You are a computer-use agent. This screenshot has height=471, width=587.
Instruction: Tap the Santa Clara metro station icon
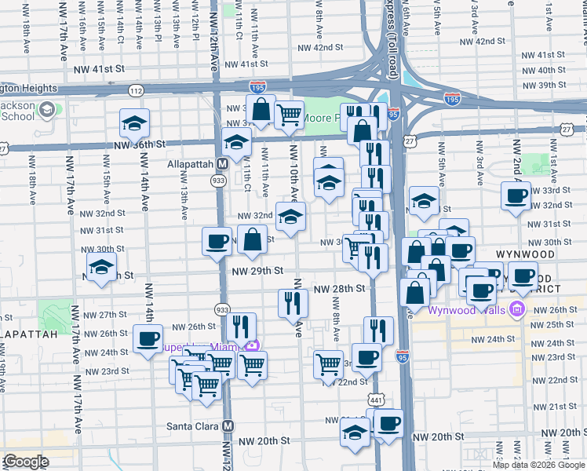tap(228, 425)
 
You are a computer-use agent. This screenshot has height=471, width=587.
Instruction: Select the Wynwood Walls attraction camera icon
tap(517, 309)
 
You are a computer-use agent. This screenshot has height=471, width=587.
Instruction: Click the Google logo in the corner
tap(26, 462)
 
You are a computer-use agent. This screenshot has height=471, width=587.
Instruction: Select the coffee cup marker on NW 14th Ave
tap(147, 338)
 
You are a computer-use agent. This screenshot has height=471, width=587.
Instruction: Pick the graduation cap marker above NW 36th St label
tap(135, 122)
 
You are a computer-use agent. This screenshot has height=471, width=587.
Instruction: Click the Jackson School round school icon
tap(46, 109)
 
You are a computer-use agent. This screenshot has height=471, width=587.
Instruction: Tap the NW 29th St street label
tap(257, 271)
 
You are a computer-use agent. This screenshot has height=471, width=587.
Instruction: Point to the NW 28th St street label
tap(340, 289)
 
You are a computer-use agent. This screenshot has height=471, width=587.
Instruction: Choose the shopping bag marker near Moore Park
tap(262, 111)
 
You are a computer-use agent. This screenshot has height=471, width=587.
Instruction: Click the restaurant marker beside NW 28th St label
tap(293, 302)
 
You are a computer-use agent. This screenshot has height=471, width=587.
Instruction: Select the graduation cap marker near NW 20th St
tap(355, 433)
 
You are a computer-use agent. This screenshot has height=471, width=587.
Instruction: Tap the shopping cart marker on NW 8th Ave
tap(327, 364)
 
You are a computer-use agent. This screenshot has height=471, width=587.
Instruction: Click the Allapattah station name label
tap(191, 164)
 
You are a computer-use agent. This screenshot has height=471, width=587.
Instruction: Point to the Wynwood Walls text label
tap(469, 309)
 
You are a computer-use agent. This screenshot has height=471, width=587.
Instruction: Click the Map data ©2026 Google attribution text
tap(539, 465)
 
